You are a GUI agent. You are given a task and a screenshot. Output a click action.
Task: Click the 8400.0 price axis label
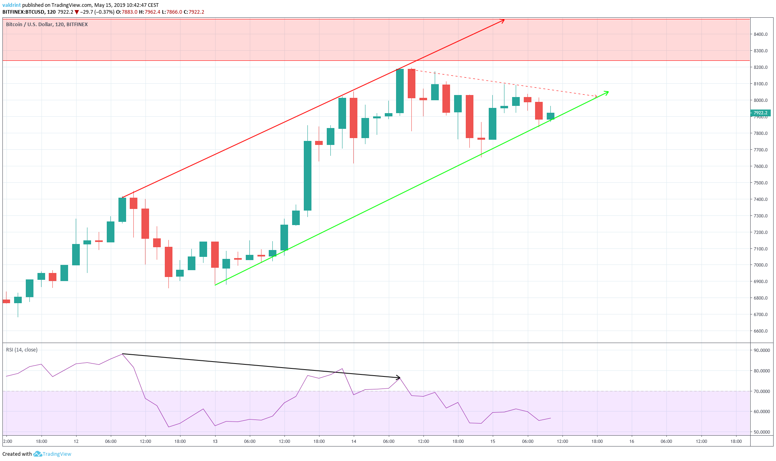[x=760, y=34]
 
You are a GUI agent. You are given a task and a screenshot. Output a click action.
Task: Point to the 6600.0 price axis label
[x=760, y=331]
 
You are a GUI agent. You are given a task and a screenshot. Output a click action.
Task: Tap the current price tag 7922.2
[x=760, y=113]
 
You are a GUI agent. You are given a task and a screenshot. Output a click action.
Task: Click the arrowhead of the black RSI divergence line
[x=399, y=378]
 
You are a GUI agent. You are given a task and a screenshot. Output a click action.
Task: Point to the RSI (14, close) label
[x=22, y=350]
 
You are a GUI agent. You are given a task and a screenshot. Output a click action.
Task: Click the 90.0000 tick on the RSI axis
[x=761, y=350]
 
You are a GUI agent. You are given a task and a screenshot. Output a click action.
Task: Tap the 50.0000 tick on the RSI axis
[x=761, y=432]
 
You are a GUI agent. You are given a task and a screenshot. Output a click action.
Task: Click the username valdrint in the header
[x=11, y=5]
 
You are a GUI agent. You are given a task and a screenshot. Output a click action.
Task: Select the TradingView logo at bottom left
[x=52, y=454]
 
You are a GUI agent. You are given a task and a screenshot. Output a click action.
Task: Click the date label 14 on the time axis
[x=354, y=441]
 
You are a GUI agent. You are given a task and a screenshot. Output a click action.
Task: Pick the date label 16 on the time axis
[x=632, y=441]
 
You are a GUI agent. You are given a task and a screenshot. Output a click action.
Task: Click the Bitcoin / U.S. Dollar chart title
[x=47, y=25]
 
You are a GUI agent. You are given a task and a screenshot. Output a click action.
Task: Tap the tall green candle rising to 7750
[x=307, y=176]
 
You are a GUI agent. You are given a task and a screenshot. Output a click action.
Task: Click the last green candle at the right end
[x=550, y=116]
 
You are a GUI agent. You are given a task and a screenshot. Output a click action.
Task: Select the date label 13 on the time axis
[x=215, y=441]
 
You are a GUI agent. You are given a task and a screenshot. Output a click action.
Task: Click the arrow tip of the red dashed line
[x=596, y=96]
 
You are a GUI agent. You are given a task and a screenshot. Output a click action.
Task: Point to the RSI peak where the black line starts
[x=122, y=354]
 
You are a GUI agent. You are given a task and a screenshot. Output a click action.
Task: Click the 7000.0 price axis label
[x=760, y=265]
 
